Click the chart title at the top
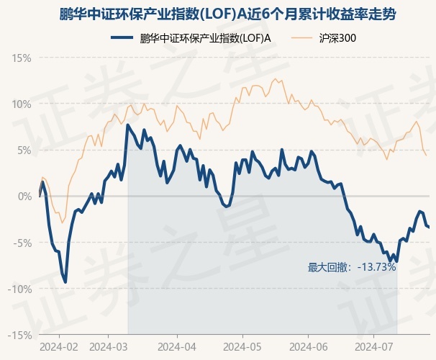218,15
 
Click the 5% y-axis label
24,150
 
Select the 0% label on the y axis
24,196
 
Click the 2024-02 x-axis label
58,347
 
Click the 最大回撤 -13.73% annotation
352,267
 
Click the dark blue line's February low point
66,282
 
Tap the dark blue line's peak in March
128,125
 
